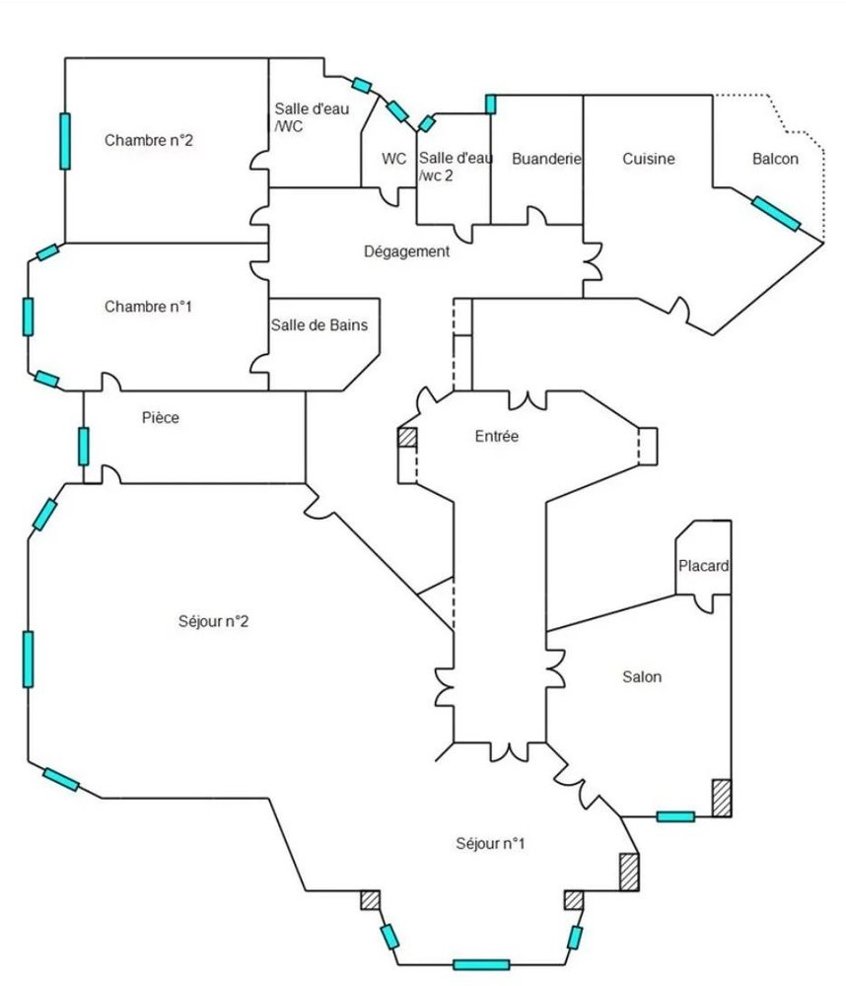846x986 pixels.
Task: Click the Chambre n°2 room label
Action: tap(148, 140)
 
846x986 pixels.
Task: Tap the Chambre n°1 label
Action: tap(148, 307)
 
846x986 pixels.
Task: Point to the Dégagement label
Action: tap(406, 251)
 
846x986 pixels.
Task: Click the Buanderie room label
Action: tap(547, 159)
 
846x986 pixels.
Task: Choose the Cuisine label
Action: tap(648, 159)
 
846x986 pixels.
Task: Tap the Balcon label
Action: tap(775, 159)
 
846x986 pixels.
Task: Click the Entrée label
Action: tap(496, 436)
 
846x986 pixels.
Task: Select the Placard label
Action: tap(704, 566)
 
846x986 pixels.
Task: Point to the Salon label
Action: tap(642, 676)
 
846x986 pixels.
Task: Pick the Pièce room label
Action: tap(161, 418)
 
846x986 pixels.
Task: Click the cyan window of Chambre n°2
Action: tap(65, 140)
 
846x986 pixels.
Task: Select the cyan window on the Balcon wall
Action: tap(776, 213)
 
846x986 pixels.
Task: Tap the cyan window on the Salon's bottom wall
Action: tap(675, 816)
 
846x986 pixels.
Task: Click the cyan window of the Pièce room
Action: tap(84, 446)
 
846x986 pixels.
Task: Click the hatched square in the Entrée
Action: tap(407, 438)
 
